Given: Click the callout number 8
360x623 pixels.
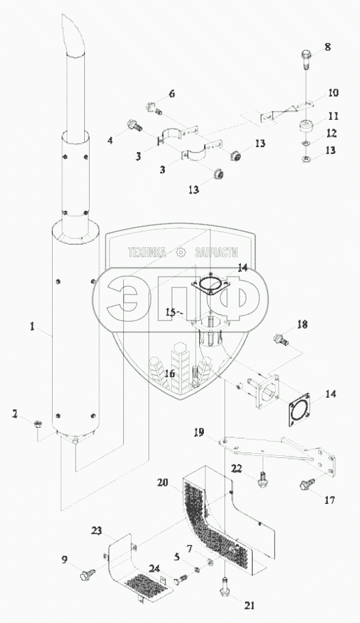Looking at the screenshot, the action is pos(327,47).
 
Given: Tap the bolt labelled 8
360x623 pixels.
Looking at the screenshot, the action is pos(305,60).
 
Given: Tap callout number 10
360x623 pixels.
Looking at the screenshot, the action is pos(333,93).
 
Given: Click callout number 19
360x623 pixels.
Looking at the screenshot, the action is pos(198,432).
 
